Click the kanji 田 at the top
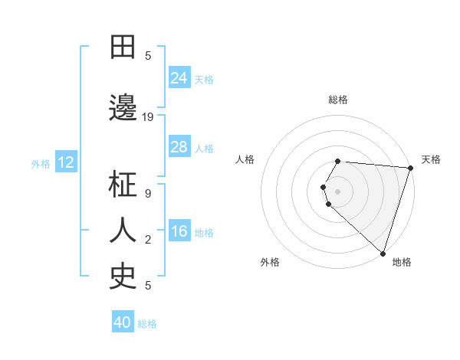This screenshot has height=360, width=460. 123,47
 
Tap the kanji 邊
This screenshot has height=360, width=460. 123,107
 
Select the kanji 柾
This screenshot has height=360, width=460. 123,185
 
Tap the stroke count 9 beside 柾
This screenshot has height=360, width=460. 148,194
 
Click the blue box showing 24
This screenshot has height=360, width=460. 179,77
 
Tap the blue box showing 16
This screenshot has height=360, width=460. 179,231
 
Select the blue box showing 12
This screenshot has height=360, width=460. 66,162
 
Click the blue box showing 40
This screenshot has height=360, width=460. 123,322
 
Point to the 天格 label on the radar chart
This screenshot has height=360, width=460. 431,159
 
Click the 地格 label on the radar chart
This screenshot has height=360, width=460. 402,262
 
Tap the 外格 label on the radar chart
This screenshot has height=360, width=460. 270,262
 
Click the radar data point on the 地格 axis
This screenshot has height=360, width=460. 382,254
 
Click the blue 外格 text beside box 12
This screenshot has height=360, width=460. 40,163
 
